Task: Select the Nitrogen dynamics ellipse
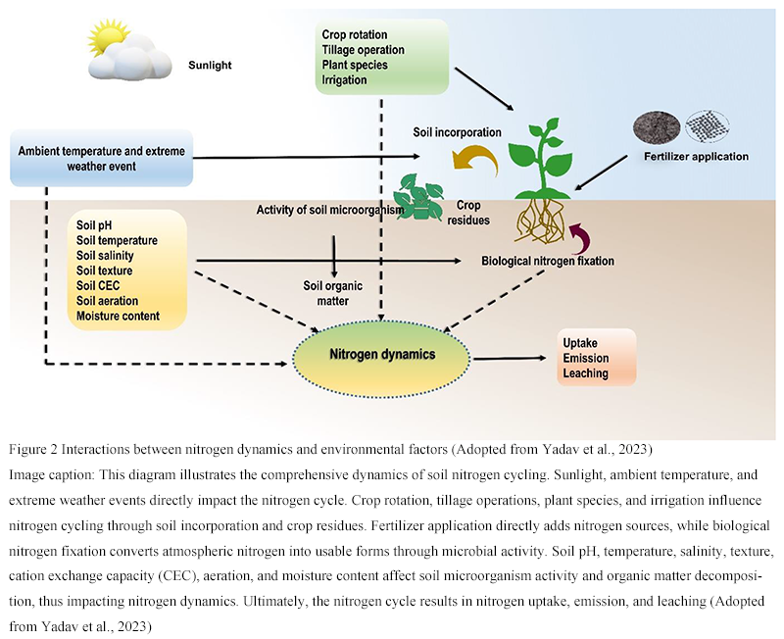point(381,355)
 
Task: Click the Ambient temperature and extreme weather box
point(102,159)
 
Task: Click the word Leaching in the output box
point(585,373)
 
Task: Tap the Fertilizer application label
point(696,156)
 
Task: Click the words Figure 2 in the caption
point(34,450)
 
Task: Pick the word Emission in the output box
point(586,358)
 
